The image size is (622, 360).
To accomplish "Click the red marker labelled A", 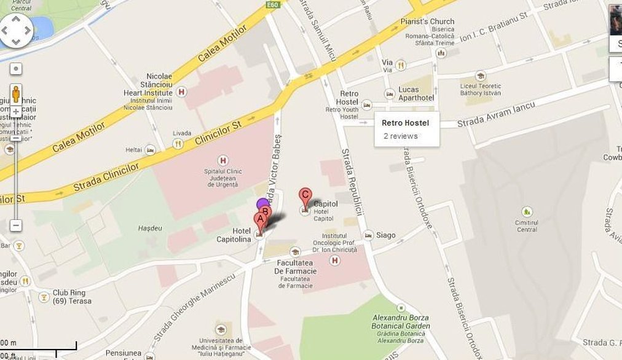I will pos(260,221).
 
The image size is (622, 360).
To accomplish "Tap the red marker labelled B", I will pos(265,213).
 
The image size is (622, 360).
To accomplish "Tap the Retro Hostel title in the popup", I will pos(405,123).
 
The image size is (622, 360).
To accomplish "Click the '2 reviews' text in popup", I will pos(400,136).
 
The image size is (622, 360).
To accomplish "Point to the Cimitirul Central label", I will pos(527,226).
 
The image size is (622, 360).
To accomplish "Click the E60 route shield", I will pos(274,5).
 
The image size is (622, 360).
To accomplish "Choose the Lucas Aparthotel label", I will pos(416,93).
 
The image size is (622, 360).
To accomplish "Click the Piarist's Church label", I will pos(433,22).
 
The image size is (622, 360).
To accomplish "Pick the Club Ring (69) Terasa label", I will pos(72,297).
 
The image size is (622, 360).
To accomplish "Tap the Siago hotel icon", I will pos(368,235).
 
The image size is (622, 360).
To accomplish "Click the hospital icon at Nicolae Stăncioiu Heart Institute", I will pos(181,92).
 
